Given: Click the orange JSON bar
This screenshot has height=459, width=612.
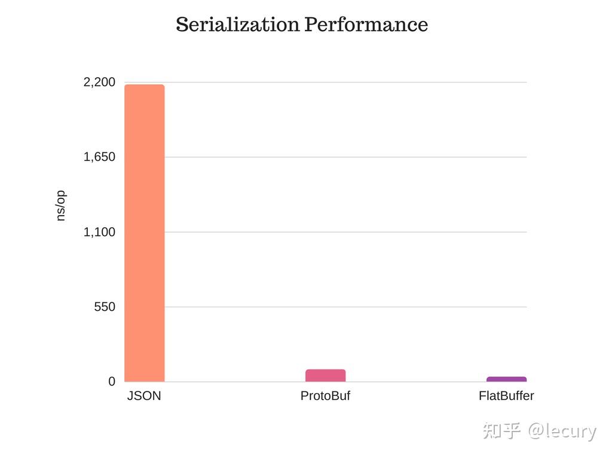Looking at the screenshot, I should pyautogui.click(x=144, y=233).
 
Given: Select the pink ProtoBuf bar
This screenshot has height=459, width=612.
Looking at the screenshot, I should pyautogui.click(x=325, y=375).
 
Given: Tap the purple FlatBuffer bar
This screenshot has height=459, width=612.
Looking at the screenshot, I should pyautogui.click(x=506, y=379).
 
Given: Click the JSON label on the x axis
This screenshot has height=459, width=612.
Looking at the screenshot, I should pyautogui.click(x=144, y=396).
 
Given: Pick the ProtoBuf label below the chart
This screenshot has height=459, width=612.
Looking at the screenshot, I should pyautogui.click(x=325, y=396).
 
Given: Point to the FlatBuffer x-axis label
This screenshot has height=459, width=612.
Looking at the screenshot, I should pyautogui.click(x=506, y=396).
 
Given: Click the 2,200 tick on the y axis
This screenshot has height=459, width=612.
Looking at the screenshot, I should pyautogui.click(x=99, y=82).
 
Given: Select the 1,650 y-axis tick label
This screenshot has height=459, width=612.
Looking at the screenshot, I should pyautogui.click(x=99, y=157).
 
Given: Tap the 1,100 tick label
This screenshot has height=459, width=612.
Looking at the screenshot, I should pyautogui.click(x=99, y=232).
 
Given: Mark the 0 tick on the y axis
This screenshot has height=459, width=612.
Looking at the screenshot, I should pyautogui.click(x=112, y=382).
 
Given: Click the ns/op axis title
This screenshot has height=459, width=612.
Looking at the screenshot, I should pyautogui.click(x=60, y=206).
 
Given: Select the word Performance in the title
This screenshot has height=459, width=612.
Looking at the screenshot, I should pyautogui.click(x=366, y=25).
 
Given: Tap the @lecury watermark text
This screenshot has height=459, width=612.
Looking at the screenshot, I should pyautogui.click(x=562, y=431).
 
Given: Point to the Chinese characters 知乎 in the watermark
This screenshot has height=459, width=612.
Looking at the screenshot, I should pyautogui.click(x=501, y=430).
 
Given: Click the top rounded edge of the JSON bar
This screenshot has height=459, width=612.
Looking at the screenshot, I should pyautogui.click(x=144, y=86).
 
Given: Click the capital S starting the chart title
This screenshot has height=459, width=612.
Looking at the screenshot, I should pyautogui.click(x=182, y=25).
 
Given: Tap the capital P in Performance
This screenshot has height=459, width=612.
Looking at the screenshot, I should pyautogui.click(x=311, y=25).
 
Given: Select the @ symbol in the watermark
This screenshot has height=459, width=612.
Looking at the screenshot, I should pyautogui.click(x=535, y=431).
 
